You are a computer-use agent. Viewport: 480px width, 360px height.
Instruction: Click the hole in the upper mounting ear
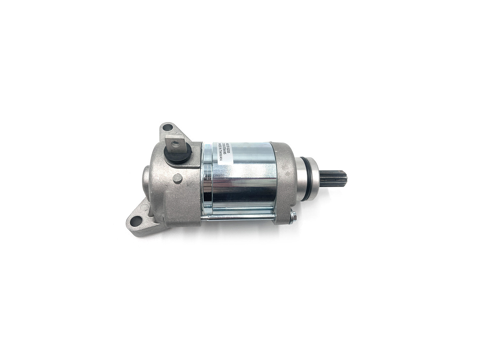167,126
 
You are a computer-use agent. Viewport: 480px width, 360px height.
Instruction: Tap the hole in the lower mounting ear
136,221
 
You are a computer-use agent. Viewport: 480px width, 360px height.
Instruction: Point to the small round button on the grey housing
177,178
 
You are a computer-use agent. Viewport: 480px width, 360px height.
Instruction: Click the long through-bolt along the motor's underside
240,217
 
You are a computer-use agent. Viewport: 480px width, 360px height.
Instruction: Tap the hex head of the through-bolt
293,216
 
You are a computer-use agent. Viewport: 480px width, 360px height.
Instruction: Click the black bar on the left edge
29,180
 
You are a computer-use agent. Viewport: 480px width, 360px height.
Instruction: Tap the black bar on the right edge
450,180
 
